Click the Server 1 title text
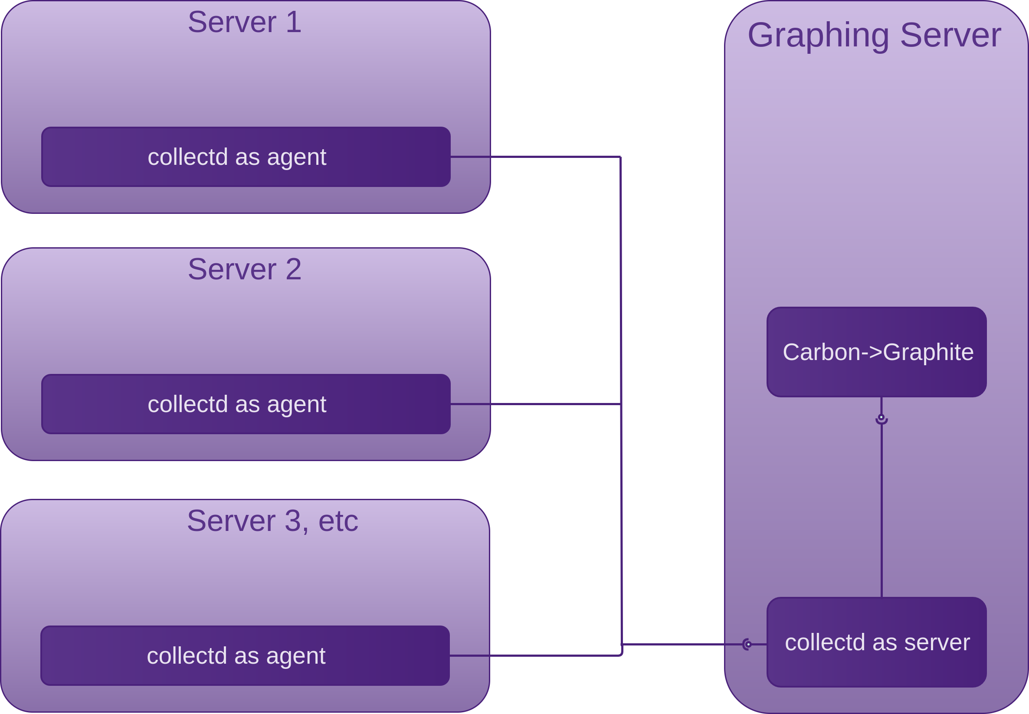(x=244, y=22)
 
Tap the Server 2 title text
(x=244, y=269)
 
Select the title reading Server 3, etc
(x=272, y=521)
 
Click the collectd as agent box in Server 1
(x=246, y=157)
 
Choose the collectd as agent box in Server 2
(x=246, y=404)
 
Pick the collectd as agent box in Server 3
(x=245, y=656)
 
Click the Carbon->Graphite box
(x=876, y=352)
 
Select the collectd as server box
(x=876, y=642)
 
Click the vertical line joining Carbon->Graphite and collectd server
(x=882, y=510)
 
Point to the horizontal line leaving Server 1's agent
(x=537, y=157)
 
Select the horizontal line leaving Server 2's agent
(x=537, y=404)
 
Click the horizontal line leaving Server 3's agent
(x=537, y=656)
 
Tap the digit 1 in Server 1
(x=294, y=22)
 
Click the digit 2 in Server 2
(x=294, y=269)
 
